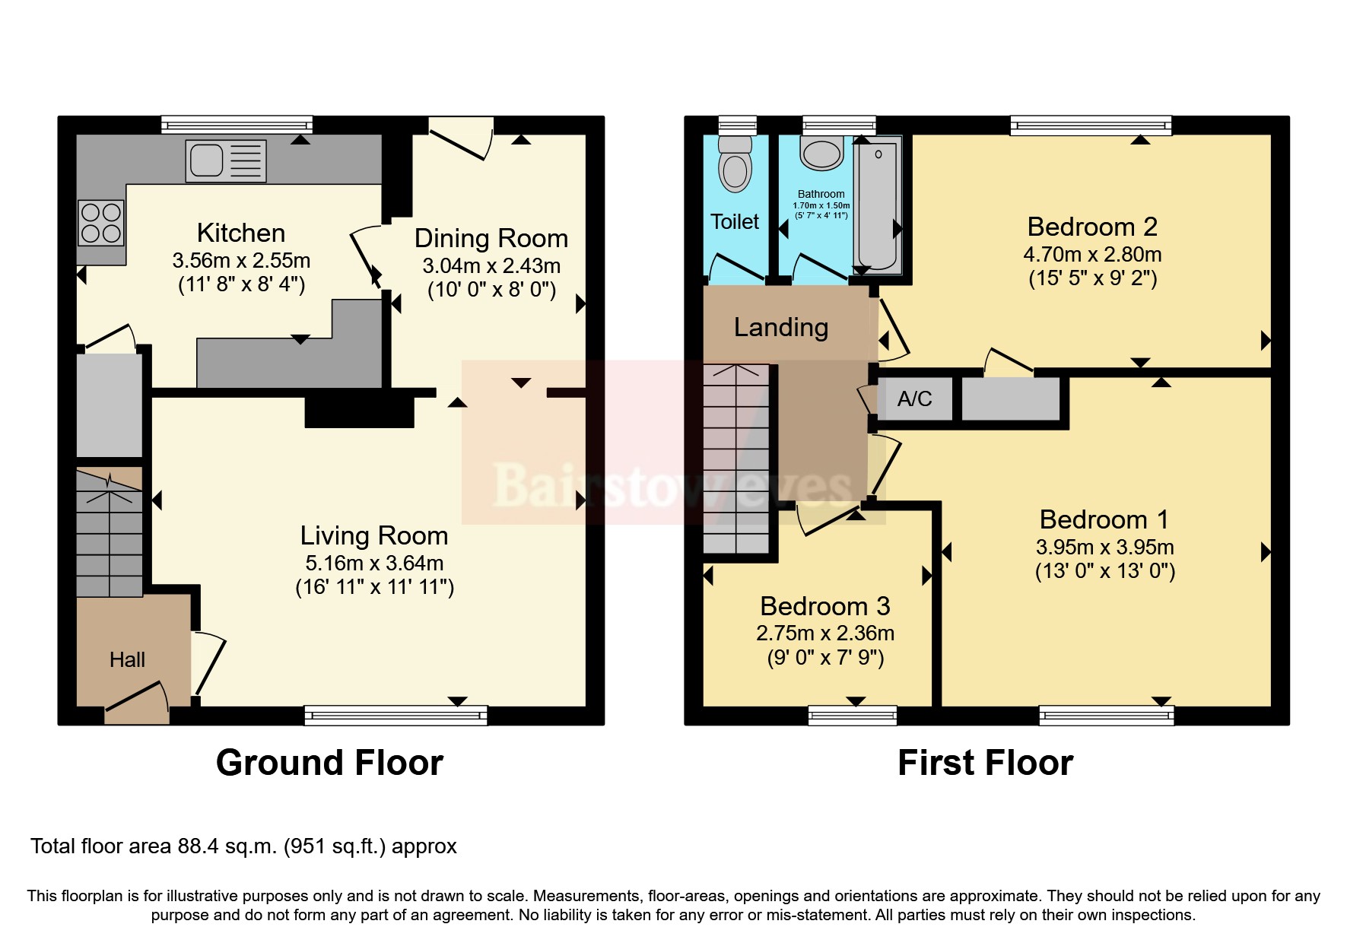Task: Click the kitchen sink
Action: [226, 161]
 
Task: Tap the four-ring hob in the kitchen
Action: [101, 222]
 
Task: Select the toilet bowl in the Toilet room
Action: [735, 164]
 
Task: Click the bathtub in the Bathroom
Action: [878, 205]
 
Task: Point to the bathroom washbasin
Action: [822, 154]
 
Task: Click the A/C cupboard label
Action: [914, 399]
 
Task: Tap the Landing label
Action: [780, 327]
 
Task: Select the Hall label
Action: [127, 659]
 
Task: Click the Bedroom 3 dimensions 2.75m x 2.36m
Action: [824, 633]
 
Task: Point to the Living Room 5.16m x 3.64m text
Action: [373, 563]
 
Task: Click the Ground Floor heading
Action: [329, 763]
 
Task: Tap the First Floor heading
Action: [985, 763]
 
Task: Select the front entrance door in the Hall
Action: [137, 702]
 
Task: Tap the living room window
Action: [395, 715]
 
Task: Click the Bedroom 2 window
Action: [1090, 125]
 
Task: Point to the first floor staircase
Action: [735, 459]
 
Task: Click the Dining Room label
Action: [491, 238]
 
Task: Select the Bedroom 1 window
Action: [1106, 715]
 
